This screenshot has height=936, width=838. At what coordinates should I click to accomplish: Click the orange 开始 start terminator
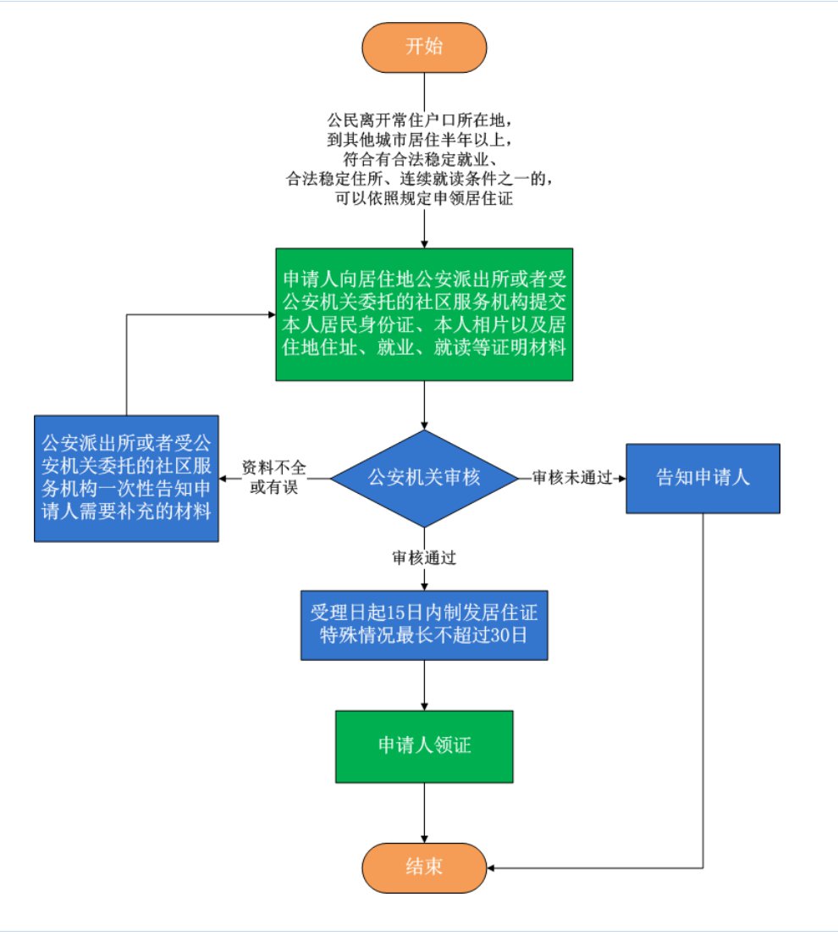coord(424,47)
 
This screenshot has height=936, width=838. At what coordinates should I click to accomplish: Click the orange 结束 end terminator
coord(424,868)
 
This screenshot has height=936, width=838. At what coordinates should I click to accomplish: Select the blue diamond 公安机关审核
coord(423,478)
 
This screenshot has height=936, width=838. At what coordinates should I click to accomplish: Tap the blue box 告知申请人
coord(703,478)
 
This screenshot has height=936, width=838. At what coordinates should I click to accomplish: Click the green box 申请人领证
coord(424,746)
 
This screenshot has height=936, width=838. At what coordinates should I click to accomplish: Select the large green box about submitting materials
coord(424,314)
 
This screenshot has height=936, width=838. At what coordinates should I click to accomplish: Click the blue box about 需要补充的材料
coord(127,478)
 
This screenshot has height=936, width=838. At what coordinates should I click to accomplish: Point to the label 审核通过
coord(424,558)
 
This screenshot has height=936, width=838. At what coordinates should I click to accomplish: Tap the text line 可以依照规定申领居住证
coord(424,200)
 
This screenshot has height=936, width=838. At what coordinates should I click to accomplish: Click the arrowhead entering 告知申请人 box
coord(621,478)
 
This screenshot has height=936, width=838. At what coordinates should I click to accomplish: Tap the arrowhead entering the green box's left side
coord(270,314)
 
